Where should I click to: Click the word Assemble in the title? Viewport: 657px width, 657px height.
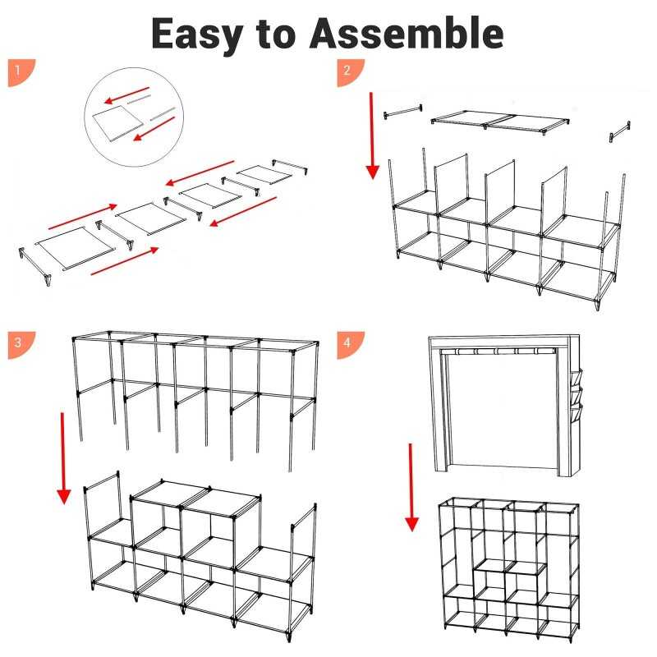pyautogui.click(x=407, y=33)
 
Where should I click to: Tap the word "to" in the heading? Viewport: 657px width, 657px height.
pyautogui.click(x=276, y=34)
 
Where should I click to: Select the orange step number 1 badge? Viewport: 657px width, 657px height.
pyautogui.click(x=21, y=72)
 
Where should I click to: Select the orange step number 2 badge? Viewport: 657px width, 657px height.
pyautogui.click(x=351, y=72)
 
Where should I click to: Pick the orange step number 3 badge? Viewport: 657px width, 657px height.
pyautogui.click(x=21, y=345)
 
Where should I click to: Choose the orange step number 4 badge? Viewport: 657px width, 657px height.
pyautogui.click(x=351, y=345)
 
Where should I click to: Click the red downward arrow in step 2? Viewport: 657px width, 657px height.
pyautogui.click(x=372, y=136)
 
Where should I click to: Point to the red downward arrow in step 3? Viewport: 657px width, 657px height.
pyautogui.click(x=63, y=458)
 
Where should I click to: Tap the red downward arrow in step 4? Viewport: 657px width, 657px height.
pyautogui.click(x=411, y=487)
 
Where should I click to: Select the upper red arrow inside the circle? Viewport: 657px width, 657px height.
pyautogui.click(x=126, y=95)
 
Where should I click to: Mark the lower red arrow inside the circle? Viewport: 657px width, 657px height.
pyautogui.click(x=154, y=129)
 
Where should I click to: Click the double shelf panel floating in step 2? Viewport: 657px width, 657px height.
pyautogui.click(x=500, y=122)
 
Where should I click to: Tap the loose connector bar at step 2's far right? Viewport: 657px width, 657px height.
pyautogui.click(x=619, y=131)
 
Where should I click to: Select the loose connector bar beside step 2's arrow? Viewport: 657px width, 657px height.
pyautogui.click(x=403, y=112)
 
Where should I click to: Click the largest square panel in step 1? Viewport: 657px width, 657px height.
pyautogui.click(x=76, y=248)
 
